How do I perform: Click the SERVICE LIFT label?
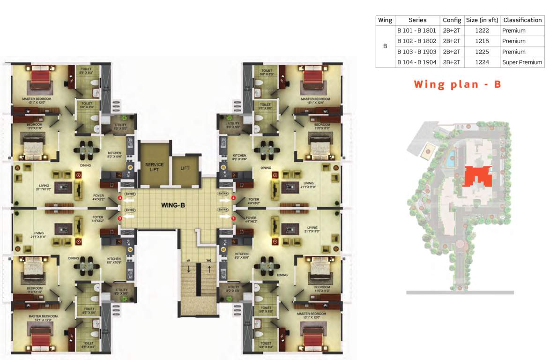pos(154,167)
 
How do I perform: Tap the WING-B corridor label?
pos(173,205)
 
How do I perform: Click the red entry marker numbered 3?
pos(120,218)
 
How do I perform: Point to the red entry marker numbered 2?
pos(233,218)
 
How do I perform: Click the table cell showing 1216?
pos(482,41)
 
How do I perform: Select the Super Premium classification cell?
pos(522,62)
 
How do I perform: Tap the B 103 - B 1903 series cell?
pos(417,52)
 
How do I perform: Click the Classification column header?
pos(522,20)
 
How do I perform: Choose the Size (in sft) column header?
pos(482,20)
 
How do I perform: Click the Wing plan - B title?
pos(457,84)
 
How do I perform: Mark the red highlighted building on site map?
pos(477,177)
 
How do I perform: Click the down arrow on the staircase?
pos(188,269)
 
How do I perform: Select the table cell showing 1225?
pos(482,52)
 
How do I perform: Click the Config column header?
pos(452,20)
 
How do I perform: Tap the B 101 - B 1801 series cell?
pos(417,31)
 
